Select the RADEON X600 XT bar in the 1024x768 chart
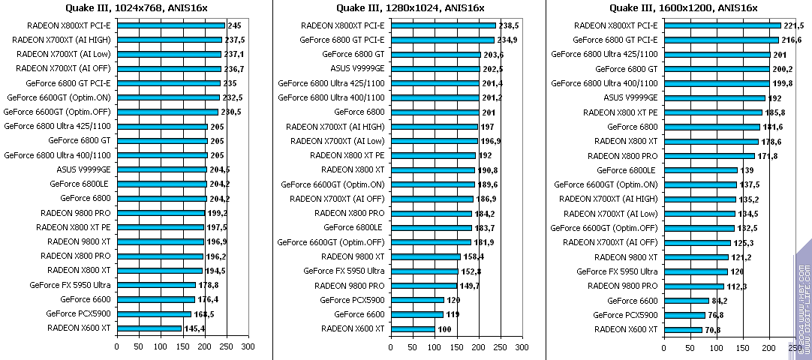point(149,328)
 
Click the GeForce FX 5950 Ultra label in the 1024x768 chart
point(70,285)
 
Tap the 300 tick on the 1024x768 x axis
point(248,346)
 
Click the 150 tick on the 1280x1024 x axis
point(456,346)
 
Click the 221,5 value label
point(793,25)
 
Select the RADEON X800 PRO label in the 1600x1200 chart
point(623,155)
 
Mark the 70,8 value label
point(714,328)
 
